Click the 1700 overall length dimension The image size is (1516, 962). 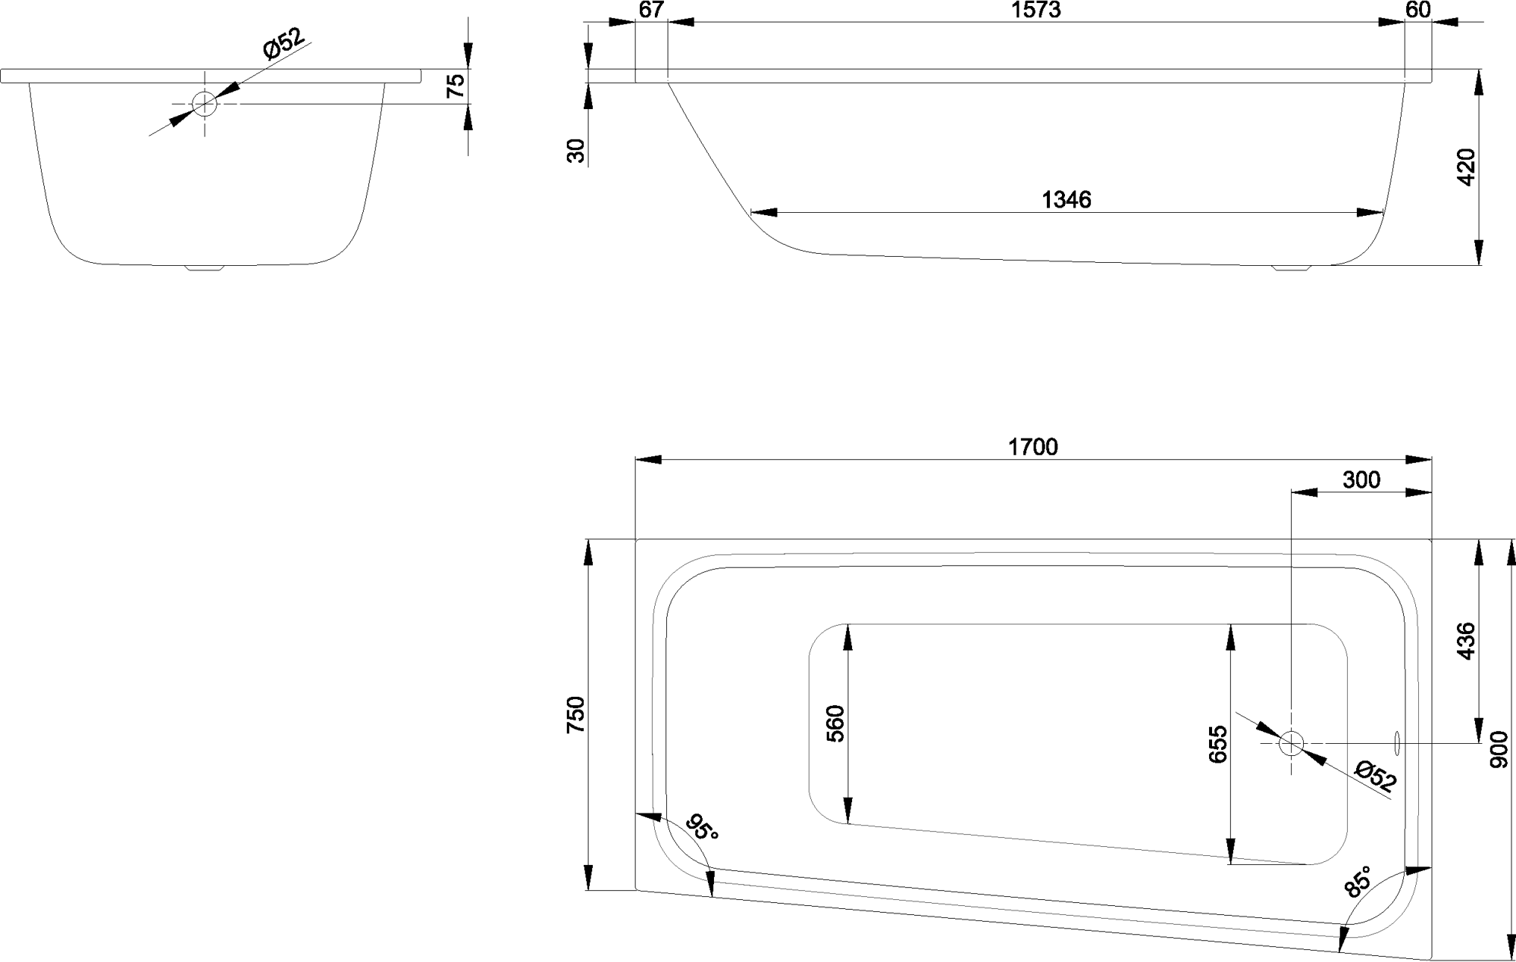(x=1032, y=447)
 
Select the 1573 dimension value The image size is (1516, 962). (x=1035, y=10)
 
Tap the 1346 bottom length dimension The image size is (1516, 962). (x=1067, y=200)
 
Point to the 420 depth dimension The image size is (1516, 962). (x=1466, y=167)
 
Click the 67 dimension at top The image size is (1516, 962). (x=651, y=10)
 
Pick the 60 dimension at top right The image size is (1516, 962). (x=1417, y=10)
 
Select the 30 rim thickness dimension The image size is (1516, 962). (x=577, y=151)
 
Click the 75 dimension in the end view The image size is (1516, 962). (x=456, y=86)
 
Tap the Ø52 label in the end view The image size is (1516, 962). (x=283, y=44)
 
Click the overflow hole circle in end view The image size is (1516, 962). (x=204, y=103)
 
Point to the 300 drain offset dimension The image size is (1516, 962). (x=1361, y=480)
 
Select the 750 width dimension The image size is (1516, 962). (x=576, y=714)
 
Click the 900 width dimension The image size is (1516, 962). (x=1499, y=749)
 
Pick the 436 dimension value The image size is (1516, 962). (x=1466, y=641)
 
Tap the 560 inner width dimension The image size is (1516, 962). (x=835, y=723)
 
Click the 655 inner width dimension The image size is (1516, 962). (x=1217, y=744)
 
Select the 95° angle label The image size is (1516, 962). (x=700, y=828)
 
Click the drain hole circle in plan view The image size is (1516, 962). (x=1290, y=743)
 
